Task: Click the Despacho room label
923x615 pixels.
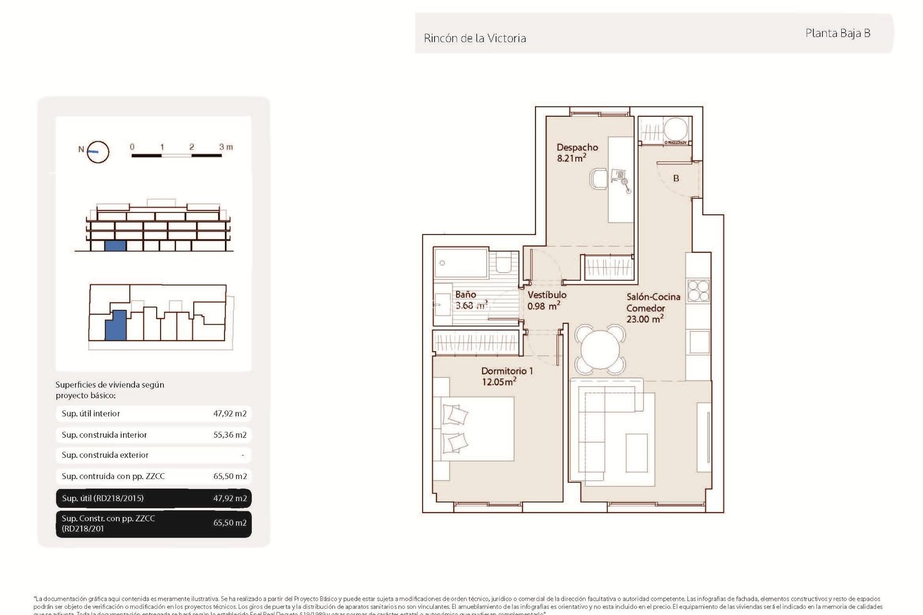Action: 577,148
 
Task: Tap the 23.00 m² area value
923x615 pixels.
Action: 644,319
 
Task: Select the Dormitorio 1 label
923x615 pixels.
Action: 507,371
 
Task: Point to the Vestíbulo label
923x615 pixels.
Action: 547,295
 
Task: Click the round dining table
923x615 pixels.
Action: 600,349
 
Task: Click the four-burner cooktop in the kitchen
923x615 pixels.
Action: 698,291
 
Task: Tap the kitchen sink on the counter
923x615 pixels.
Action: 699,342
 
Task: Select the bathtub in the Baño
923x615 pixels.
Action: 461,263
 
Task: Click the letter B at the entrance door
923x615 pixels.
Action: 676,178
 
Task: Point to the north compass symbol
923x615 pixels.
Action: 98,152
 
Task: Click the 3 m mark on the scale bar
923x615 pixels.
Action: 225,147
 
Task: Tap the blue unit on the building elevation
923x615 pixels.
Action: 115,246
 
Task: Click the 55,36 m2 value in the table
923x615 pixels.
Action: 230,435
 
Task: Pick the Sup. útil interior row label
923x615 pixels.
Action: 91,414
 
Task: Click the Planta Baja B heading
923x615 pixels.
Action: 837,33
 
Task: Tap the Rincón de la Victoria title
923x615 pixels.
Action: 474,38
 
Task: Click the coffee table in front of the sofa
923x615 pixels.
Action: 636,453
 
